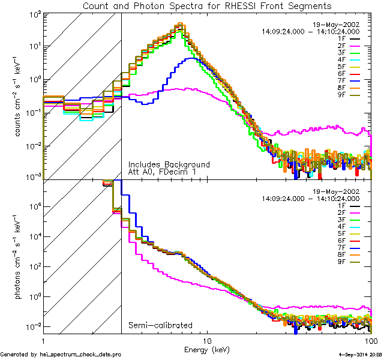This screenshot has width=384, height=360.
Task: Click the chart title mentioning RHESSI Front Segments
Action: tap(206, 6)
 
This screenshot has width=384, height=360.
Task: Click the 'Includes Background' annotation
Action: tap(169, 164)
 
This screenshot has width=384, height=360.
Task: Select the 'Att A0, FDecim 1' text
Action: tap(163, 172)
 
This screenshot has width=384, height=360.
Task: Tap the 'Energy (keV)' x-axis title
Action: tap(207, 349)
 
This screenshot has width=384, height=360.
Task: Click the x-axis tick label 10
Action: tap(207, 340)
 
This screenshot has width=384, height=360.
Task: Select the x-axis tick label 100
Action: tap(370, 340)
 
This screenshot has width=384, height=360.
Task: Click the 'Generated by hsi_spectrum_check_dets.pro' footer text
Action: tap(61, 355)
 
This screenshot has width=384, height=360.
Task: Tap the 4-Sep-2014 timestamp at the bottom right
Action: tap(359, 355)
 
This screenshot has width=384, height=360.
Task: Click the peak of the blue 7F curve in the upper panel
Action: tap(191, 58)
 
